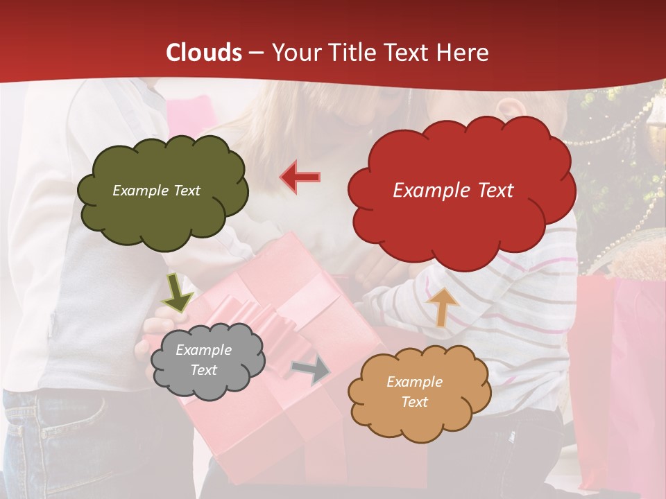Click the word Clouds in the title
pyautogui.click(x=204, y=53)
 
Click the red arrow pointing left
pyautogui.click(x=300, y=177)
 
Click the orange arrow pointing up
pyautogui.click(x=442, y=306)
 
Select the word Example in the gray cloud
pyautogui.click(x=203, y=350)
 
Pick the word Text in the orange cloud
pyautogui.click(x=414, y=402)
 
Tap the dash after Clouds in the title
pyautogui.click(x=256, y=53)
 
